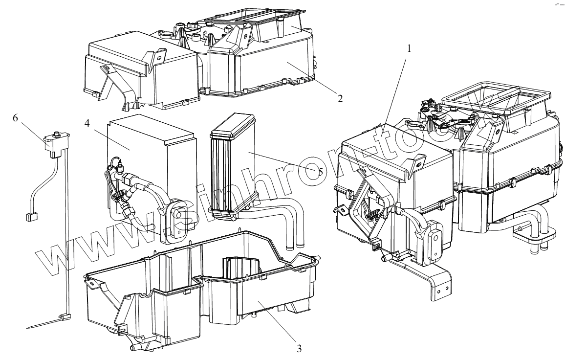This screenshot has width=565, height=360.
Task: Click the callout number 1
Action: point(410,49)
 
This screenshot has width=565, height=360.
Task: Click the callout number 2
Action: point(339,97)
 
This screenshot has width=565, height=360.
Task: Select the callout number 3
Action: point(299,348)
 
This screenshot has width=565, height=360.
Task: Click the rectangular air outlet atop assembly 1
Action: point(484,104)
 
